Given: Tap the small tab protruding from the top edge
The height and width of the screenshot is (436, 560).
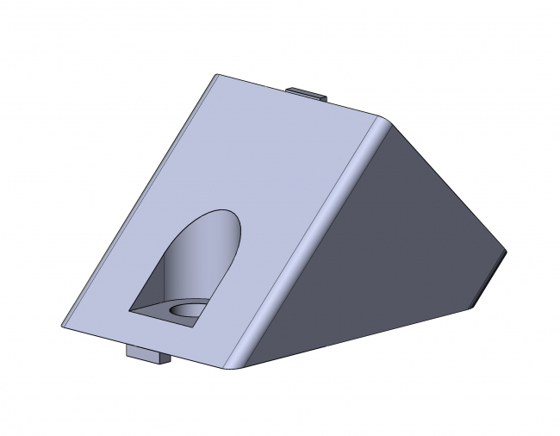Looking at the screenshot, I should (x=307, y=92).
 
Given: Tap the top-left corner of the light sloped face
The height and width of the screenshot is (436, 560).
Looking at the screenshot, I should (x=215, y=75).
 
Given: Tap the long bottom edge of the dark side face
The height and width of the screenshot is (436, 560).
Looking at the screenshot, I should (x=362, y=337).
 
